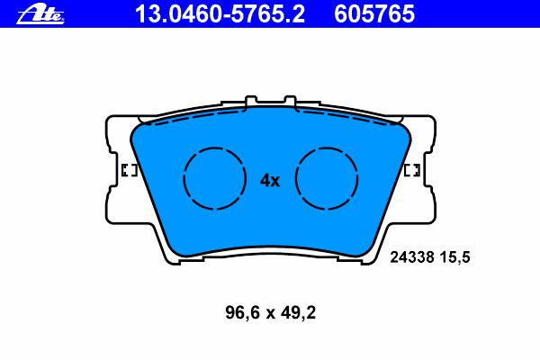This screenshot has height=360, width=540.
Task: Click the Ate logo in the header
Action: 40,14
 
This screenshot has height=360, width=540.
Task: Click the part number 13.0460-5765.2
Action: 220,14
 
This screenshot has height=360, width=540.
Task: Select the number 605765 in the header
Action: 374,14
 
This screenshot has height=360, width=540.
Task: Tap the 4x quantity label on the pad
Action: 270,181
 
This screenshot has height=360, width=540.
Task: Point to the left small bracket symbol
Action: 130,170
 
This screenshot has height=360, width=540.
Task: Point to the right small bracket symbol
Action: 412,170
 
